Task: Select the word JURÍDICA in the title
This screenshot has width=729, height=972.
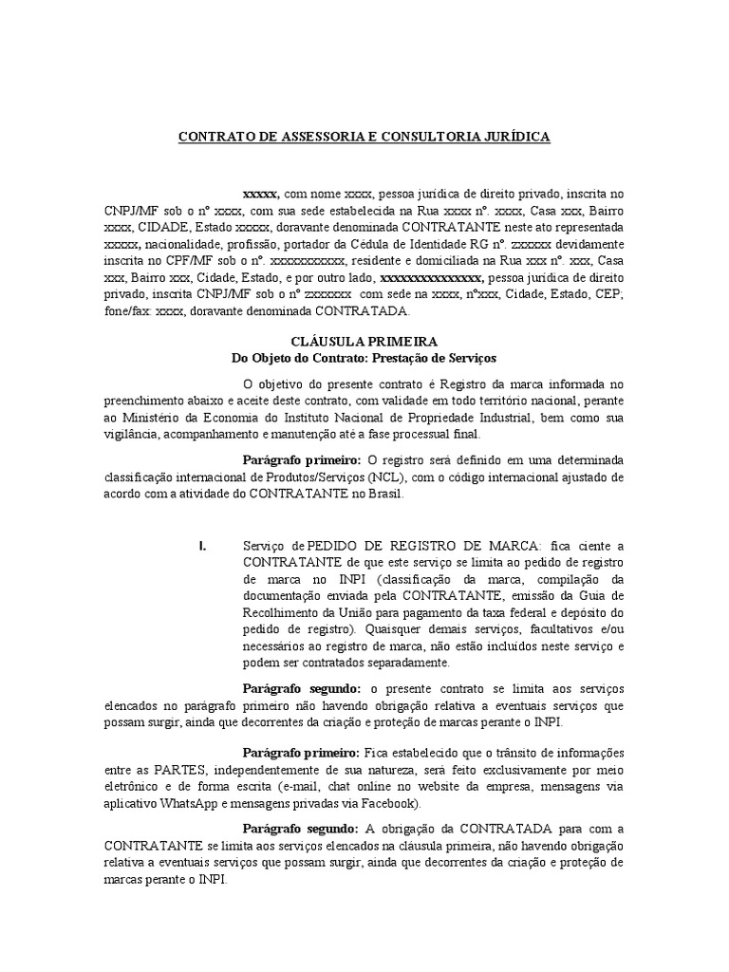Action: tap(514, 137)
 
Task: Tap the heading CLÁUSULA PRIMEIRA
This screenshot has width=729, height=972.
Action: tap(364, 340)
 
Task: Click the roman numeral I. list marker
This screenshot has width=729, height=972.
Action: tap(202, 545)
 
